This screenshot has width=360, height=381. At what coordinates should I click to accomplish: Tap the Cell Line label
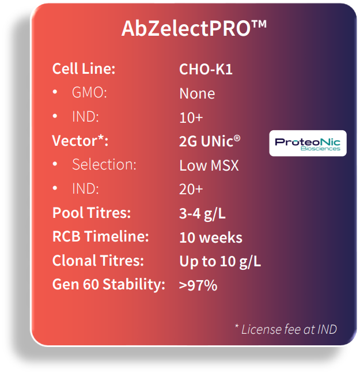click(x=84, y=69)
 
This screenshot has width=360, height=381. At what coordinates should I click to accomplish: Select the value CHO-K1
click(x=206, y=69)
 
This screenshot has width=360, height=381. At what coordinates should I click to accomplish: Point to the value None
click(x=197, y=93)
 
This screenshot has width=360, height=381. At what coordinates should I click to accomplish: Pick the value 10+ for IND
click(x=191, y=117)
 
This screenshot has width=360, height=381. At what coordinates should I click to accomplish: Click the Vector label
click(x=80, y=141)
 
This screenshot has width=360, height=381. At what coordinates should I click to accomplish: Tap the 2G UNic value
click(x=209, y=141)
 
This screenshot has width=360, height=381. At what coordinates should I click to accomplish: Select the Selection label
click(x=104, y=165)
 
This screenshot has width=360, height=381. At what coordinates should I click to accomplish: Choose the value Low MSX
click(x=209, y=165)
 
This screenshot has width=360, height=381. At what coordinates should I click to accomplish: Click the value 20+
click(x=191, y=189)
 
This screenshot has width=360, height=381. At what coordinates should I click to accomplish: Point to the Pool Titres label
click(x=92, y=213)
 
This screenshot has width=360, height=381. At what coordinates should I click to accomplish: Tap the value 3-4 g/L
click(x=202, y=213)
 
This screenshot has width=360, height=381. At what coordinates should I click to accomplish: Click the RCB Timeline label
click(x=101, y=237)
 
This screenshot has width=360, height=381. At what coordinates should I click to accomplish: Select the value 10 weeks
click(x=211, y=237)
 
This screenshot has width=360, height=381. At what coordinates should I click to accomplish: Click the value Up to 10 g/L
click(x=220, y=261)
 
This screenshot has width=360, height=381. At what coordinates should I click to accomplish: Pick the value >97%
click(x=198, y=285)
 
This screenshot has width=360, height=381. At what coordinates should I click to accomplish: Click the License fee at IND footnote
click(x=286, y=329)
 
